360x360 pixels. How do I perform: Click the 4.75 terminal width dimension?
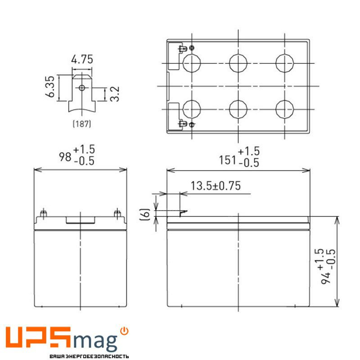click(81, 60)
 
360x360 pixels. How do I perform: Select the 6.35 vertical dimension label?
click(50, 87)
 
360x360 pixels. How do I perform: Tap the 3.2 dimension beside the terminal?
click(114, 94)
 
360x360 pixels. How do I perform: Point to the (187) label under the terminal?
click(81, 124)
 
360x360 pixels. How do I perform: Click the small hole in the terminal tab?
click(81, 87)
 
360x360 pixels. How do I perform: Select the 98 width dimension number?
click(66, 157)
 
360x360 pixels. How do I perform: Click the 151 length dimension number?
click(227, 159)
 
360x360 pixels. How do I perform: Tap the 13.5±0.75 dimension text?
click(216, 185)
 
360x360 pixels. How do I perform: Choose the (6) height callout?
click(145, 214)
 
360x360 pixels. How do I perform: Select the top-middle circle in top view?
click(238, 63)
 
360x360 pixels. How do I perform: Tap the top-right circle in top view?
click(284, 63)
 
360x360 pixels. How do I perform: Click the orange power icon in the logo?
click(125, 331)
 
